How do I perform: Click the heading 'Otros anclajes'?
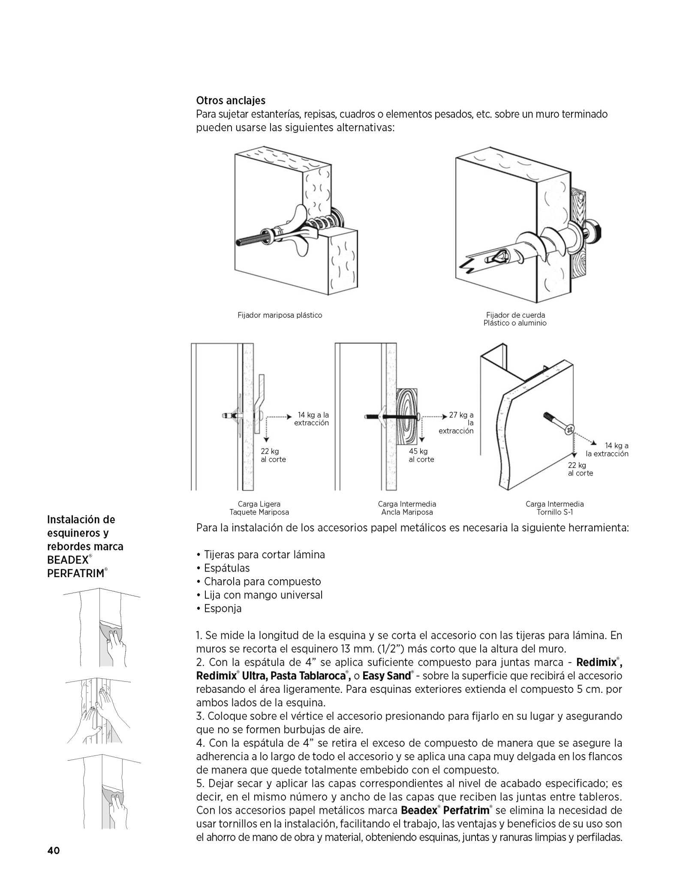[x=231, y=100]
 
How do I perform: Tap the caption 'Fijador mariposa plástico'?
[x=280, y=315]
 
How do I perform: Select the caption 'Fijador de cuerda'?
[x=515, y=315]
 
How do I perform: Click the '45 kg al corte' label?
[x=421, y=455]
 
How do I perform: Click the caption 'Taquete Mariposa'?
[x=259, y=512]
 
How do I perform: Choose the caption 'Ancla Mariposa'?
[x=407, y=512]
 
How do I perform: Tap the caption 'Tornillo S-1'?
[x=555, y=512]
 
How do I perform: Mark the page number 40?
[x=54, y=851]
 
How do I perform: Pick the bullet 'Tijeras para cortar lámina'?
[x=261, y=554]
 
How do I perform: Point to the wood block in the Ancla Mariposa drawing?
[x=408, y=416]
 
